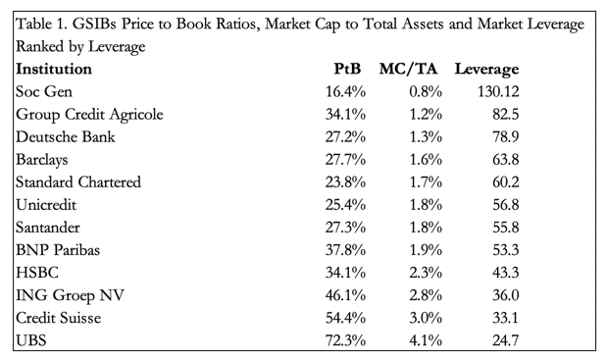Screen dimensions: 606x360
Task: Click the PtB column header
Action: pos(347,69)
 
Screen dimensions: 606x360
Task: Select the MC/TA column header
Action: pos(408,69)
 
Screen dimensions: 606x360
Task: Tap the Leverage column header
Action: pos(486,70)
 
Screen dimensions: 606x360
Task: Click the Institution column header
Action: pos(54,69)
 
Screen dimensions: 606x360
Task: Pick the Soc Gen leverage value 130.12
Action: pos(498,91)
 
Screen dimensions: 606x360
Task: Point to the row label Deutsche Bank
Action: pos(66,137)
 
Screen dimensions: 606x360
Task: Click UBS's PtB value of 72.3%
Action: pos(345,340)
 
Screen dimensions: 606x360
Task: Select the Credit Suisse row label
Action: pos(59,318)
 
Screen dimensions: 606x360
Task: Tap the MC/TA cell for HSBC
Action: pos(426,273)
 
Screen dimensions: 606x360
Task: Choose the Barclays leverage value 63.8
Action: pos(506,159)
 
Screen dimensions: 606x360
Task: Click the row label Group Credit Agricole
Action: pos(89,115)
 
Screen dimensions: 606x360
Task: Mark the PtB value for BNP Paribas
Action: pos(345,250)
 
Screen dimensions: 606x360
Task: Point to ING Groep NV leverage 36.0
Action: pos(506,295)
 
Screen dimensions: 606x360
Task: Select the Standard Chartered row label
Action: pos(78,182)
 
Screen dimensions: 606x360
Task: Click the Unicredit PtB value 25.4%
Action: pos(345,205)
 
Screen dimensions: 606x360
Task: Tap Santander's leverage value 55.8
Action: pos(506,228)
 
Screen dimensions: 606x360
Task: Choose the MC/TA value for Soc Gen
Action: pos(426,91)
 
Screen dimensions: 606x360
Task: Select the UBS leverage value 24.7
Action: pos(506,340)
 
